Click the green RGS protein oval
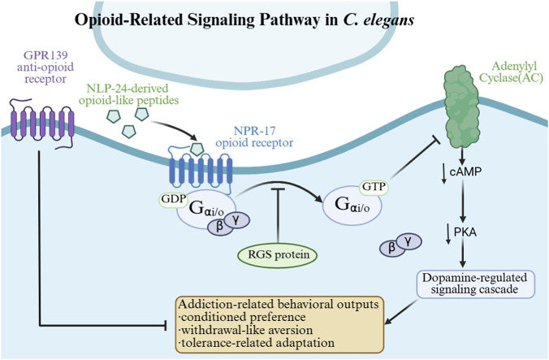click(x=278, y=254)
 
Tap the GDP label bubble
click(x=173, y=199)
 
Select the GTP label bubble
click(x=374, y=187)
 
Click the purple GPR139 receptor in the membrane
click(x=43, y=124)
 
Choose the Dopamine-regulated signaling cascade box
click(x=475, y=284)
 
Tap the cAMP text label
click(x=465, y=171)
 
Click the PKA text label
click(x=465, y=232)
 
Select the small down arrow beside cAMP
click(x=443, y=173)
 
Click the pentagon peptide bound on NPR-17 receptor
click(x=197, y=149)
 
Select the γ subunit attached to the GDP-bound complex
click(x=237, y=220)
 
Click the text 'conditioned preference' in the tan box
click(x=244, y=317)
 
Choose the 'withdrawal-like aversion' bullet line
click(x=245, y=330)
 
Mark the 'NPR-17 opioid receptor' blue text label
click(x=254, y=137)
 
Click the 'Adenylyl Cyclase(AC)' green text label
click(x=511, y=72)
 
